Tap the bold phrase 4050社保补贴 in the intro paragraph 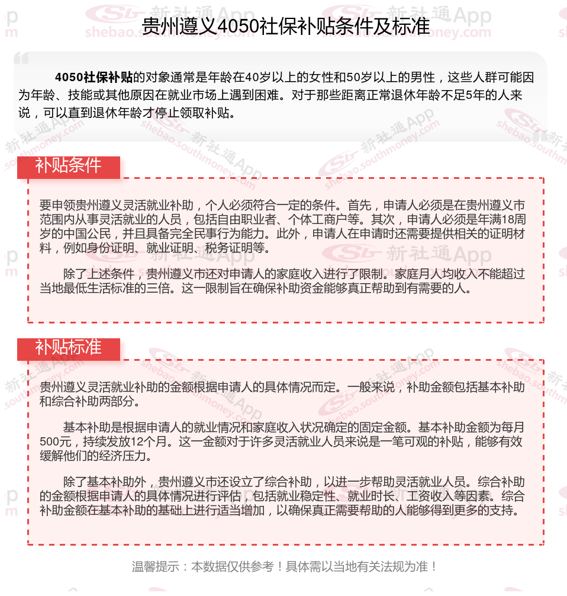94,78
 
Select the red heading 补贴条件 68,166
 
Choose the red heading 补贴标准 68,348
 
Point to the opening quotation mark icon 21,58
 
